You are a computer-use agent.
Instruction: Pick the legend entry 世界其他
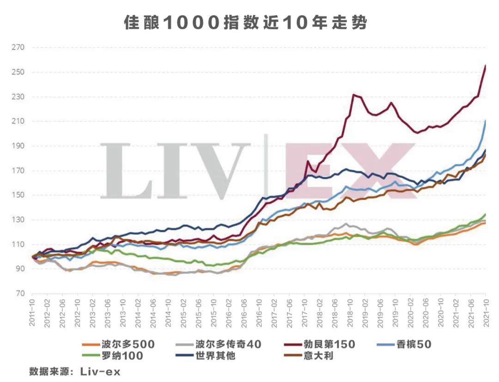pos(217,356)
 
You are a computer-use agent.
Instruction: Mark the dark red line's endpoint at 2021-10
pos(486,66)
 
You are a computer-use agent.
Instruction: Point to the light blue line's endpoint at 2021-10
pos(486,121)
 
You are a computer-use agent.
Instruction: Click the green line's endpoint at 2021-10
pos(486,214)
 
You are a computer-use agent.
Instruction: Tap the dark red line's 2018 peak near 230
pos(354,95)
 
